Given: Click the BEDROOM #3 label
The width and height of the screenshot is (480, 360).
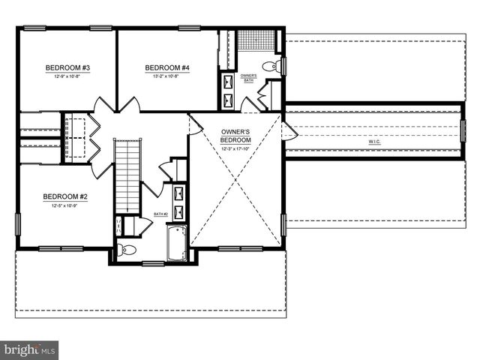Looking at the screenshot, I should (x=67, y=68).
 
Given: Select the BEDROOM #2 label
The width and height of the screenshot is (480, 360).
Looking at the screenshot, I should (x=65, y=196).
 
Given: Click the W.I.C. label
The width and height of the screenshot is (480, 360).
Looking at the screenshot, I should (x=373, y=142).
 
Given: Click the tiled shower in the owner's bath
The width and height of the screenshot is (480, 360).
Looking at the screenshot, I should (x=253, y=43).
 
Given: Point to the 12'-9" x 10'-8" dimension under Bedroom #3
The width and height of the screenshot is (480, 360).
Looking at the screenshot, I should (x=67, y=76).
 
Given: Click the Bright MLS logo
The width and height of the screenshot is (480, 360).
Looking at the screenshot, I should (x=30, y=349).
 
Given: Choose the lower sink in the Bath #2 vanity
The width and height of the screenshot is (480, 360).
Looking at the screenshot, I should (x=180, y=210).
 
